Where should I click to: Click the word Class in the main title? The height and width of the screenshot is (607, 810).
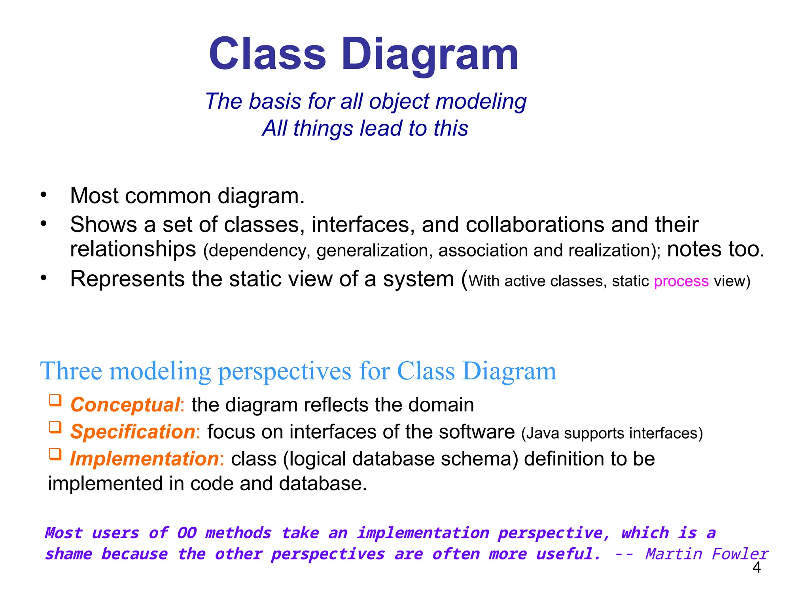click(267, 55)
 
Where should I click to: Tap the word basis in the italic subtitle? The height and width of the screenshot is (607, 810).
click(276, 102)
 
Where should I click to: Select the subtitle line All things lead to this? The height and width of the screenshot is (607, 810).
click(365, 128)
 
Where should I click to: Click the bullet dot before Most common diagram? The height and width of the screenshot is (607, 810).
click(44, 194)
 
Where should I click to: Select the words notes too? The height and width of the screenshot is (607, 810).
click(715, 249)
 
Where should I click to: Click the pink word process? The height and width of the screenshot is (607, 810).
click(681, 281)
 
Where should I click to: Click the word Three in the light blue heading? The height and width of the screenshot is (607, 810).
click(71, 371)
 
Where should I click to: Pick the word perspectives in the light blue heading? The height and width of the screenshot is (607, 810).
click(285, 372)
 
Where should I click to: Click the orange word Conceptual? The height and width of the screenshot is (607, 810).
click(125, 405)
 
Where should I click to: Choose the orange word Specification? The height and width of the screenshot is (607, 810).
click(132, 432)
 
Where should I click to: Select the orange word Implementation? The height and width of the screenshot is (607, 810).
click(144, 459)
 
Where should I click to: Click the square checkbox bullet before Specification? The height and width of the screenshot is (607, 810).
click(55, 427)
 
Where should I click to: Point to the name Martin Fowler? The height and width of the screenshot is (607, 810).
click(707, 554)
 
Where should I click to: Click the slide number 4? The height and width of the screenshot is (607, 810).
click(756, 568)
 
